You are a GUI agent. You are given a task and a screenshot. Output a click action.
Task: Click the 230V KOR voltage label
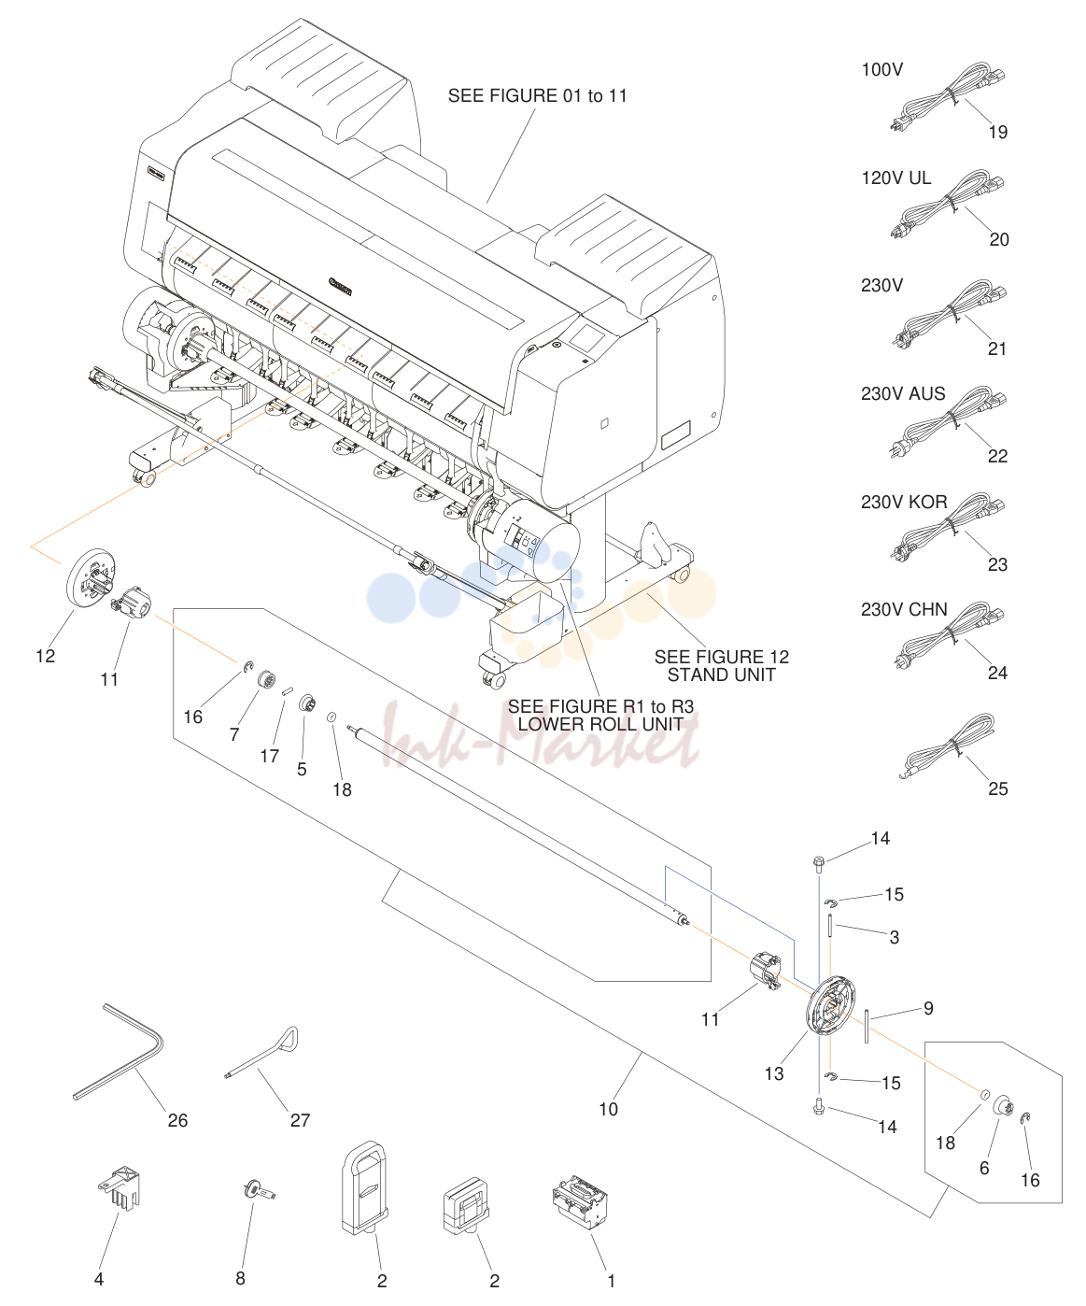pyautogui.click(x=903, y=502)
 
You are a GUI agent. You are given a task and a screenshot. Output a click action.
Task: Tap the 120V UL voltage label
pyautogui.click(x=896, y=178)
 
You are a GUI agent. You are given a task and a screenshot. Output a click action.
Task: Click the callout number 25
pyautogui.click(x=998, y=788)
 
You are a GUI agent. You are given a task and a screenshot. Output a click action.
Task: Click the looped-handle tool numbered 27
pyautogui.click(x=262, y=1052)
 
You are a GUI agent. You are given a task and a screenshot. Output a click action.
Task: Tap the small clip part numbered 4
pyautogui.click(x=120, y=1187)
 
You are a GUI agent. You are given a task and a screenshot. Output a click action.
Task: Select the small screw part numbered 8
pyautogui.click(x=259, y=1189)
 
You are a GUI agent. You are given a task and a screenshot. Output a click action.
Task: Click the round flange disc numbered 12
pyautogui.click(x=91, y=577)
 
